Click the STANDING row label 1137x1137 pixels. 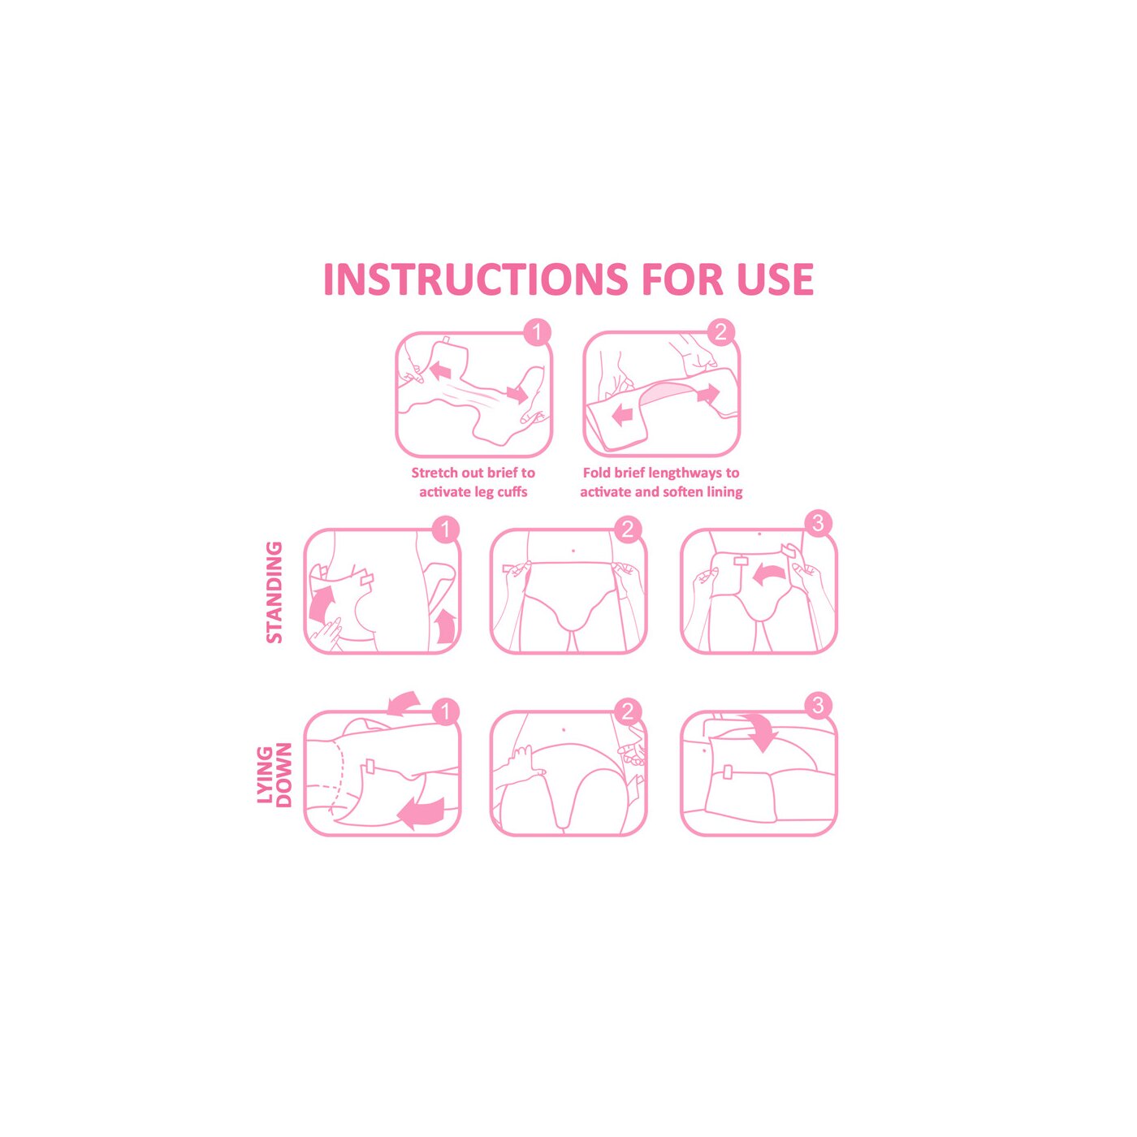pyautogui.click(x=275, y=592)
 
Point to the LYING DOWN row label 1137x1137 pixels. pyautogui.click(x=275, y=775)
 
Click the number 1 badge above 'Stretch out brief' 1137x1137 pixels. pyautogui.click(x=537, y=332)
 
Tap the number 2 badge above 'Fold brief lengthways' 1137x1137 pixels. pyautogui.click(x=720, y=332)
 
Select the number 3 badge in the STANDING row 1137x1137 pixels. pyautogui.click(x=818, y=523)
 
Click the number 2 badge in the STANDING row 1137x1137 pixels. pyautogui.click(x=627, y=530)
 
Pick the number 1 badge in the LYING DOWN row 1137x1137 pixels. pyautogui.click(x=446, y=711)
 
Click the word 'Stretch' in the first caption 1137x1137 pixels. pyautogui.click(x=434, y=473)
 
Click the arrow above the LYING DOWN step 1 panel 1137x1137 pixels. pyautogui.click(x=403, y=703)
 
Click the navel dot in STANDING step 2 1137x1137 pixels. pyautogui.click(x=573, y=551)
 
